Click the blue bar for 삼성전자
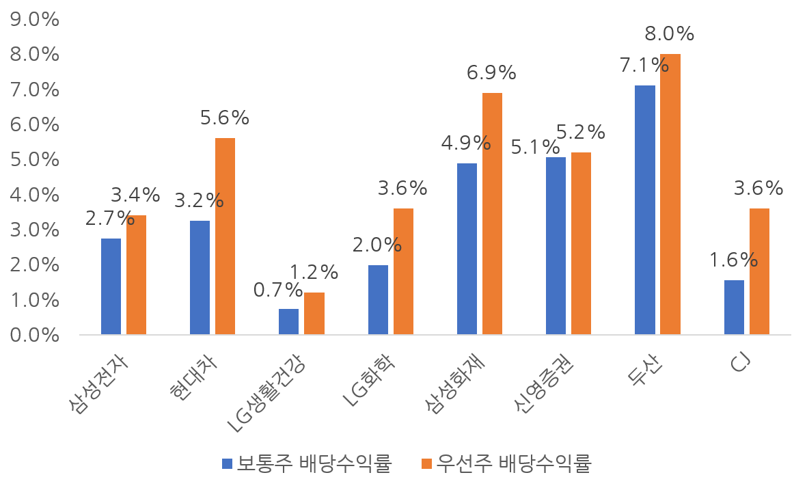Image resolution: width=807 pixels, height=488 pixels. [x=111, y=286]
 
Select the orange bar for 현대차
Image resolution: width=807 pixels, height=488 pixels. [x=225, y=236]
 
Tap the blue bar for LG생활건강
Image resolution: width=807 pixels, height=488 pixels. [x=288, y=322]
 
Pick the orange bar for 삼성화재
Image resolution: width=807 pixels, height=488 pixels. [x=492, y=214]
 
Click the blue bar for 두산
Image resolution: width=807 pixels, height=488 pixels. [x=644, y=211]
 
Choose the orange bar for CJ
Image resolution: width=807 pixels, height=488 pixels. [x=758, y=271]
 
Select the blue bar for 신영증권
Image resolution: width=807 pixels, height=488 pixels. [x=556, y=246]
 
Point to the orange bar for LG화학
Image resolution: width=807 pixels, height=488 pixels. [x=403, y=271]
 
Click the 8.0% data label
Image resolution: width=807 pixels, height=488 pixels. [x=669, y=33]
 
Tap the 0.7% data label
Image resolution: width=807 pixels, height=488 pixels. [x=277, y=290]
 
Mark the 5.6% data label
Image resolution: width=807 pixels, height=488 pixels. [x=225, y=118]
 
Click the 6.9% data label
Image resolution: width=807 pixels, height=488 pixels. [x=491, y=72]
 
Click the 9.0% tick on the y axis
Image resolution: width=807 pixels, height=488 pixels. [x=31, y=20]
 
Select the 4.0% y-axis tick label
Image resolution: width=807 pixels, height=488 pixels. [x=31, y=195]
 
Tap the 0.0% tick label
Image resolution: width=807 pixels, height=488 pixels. [x=31, y=336]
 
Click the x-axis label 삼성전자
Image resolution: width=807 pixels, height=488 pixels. [x=99, y=382]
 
